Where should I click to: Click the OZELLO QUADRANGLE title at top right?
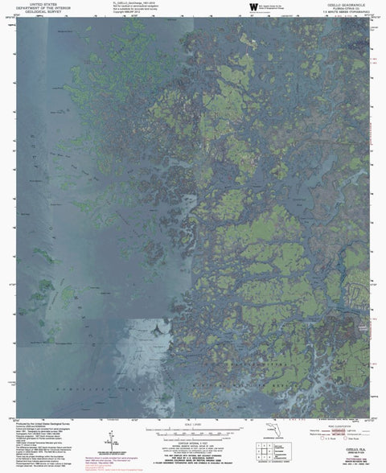(347, 4)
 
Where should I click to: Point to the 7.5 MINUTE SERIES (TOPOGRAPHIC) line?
(347, 12)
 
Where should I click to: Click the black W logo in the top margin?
(244, 7)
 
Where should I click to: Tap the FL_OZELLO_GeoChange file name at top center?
(129, 3)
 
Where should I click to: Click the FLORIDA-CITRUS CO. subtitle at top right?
(347, 8)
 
